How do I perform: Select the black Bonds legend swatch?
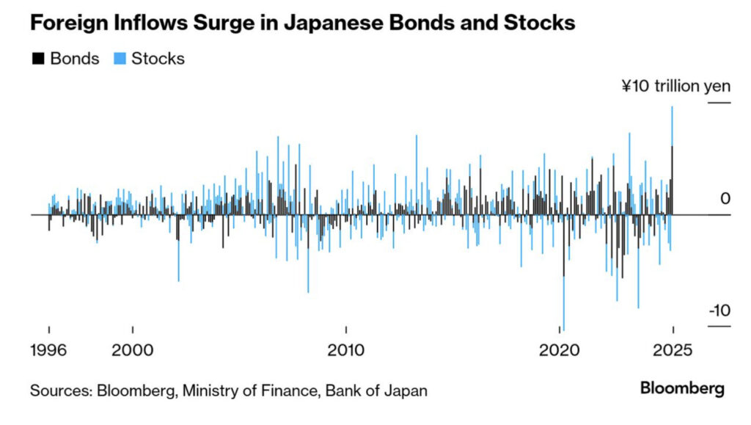click(37, 59)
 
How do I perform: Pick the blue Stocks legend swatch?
click(119, 59)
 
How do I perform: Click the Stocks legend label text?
click(158, 59)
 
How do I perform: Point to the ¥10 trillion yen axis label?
click(675, 86)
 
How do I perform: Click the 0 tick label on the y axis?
click(725, 199)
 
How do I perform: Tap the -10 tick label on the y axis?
click(719, 310)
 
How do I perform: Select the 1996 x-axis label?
click(48, 350)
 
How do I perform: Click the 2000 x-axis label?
click(133, 350)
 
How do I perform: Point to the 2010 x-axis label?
click(346, 350)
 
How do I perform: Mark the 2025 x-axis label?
click(673, 350)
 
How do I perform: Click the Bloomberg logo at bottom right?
click(682, 388)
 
